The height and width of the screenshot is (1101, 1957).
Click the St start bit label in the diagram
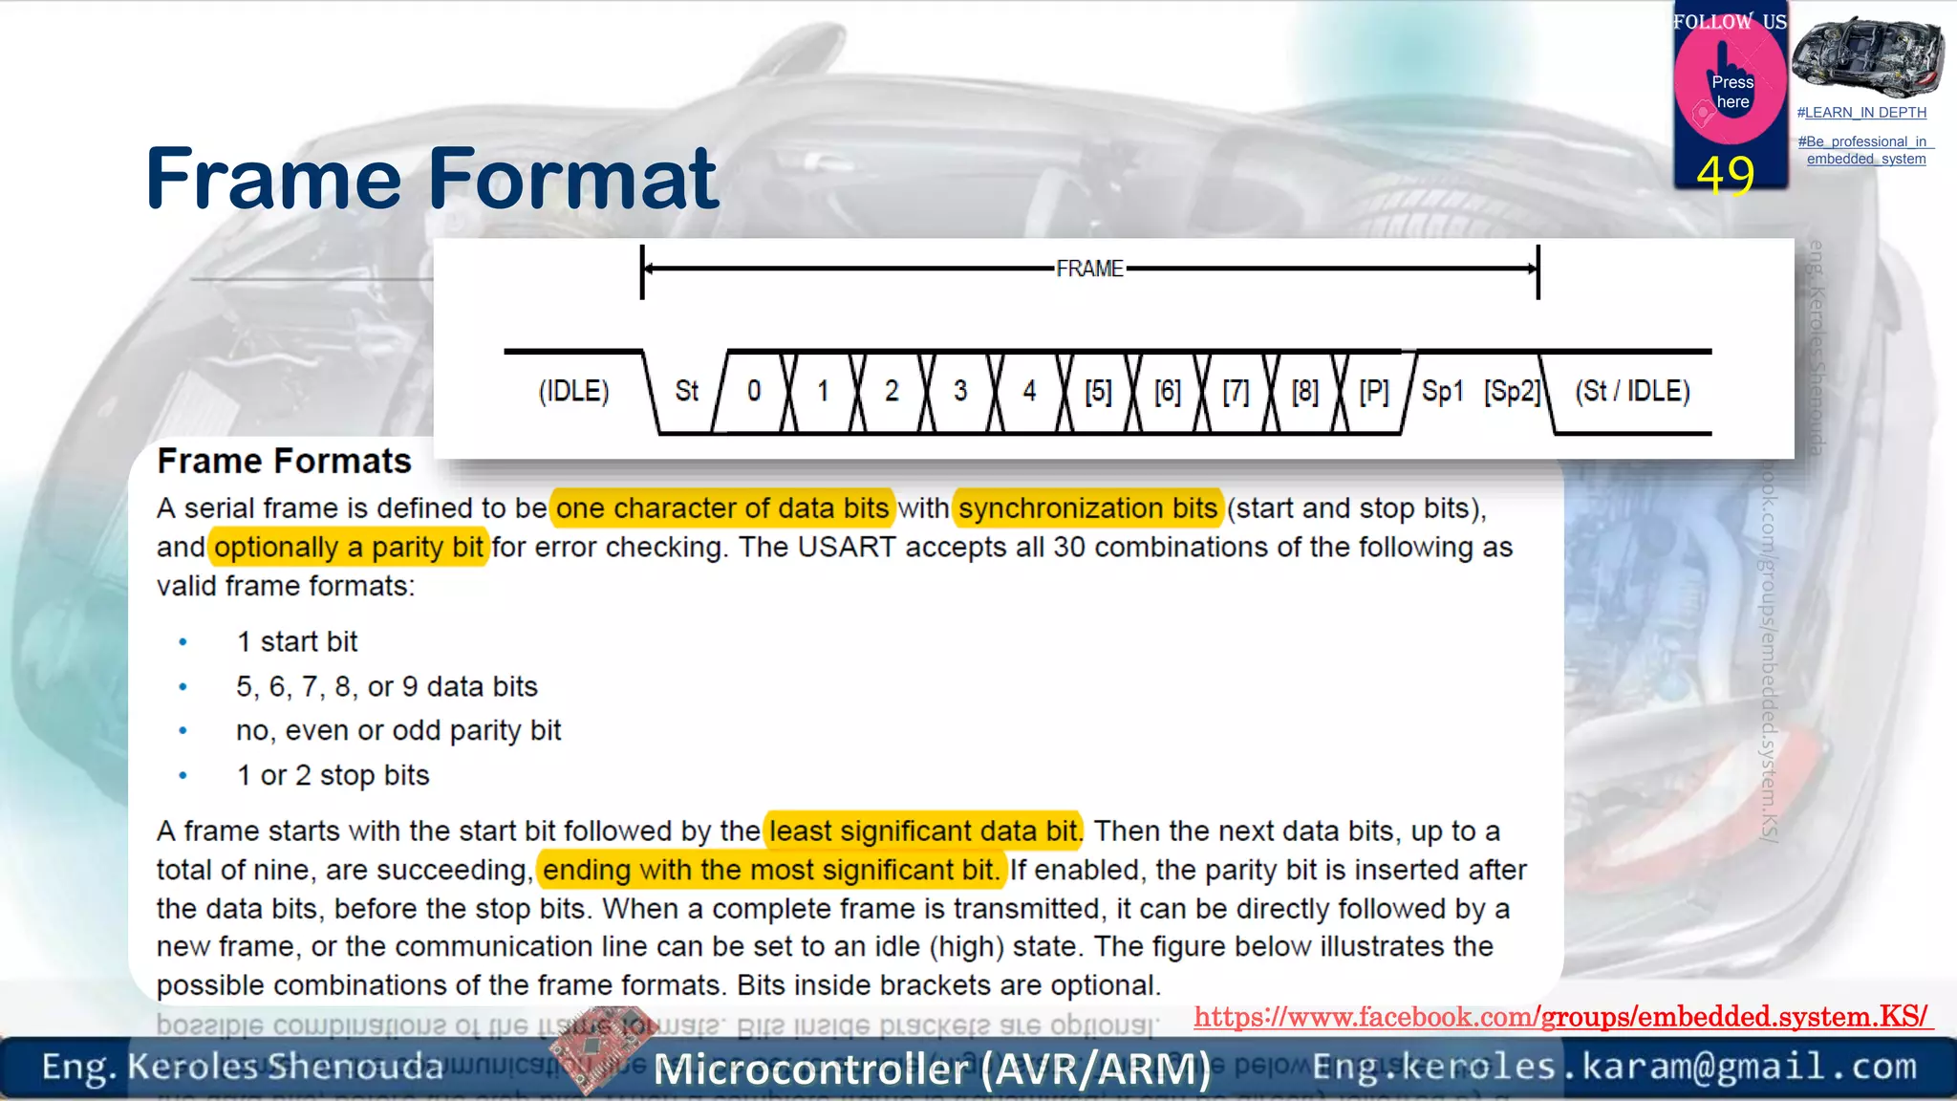click(x=686, y=391)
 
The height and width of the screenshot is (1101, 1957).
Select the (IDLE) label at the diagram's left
click(x=573, y=391)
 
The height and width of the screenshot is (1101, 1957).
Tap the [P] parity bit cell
click(x=1373, y=391)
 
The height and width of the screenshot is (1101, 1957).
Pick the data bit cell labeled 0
click(x=754, y=391)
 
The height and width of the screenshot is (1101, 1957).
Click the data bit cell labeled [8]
click(x=1304, y=391)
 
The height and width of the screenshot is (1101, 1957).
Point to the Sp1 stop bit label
click(x=1442, y=391)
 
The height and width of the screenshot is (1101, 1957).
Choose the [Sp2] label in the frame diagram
click(x=1512, y=391)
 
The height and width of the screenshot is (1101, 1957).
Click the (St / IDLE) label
click(x=1632, y=391)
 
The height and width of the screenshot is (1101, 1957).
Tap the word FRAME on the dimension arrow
click(x=1089, y=269)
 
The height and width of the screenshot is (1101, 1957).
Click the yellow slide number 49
click(x=1726, y=174)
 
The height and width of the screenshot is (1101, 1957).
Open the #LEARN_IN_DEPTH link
click(x=1861, y=113)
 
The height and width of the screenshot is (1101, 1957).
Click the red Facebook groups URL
click(x=1561, y=1017)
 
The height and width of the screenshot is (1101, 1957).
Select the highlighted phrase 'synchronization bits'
click(x=1088, y=507)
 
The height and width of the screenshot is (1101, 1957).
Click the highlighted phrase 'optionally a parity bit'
click(x=349, y=547)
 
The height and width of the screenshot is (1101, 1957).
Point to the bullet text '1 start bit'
click(x=297, y=641)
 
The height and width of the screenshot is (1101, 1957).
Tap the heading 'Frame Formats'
click(x=284, y=461)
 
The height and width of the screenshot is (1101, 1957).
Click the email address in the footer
click(x=1614, y=1066)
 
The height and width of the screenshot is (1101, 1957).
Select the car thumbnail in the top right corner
click(x=1866, y=56)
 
